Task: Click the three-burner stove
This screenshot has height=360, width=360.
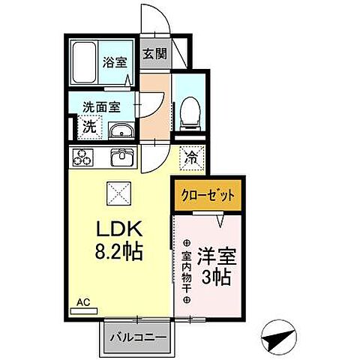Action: tap(82, 158)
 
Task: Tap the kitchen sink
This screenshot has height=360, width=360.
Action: tap(121, 158)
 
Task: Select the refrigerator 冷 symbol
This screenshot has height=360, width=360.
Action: tap(192, 158)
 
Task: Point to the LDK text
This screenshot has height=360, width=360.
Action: tap(116, 228)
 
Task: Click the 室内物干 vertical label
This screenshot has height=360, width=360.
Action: tap(186, 271)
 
